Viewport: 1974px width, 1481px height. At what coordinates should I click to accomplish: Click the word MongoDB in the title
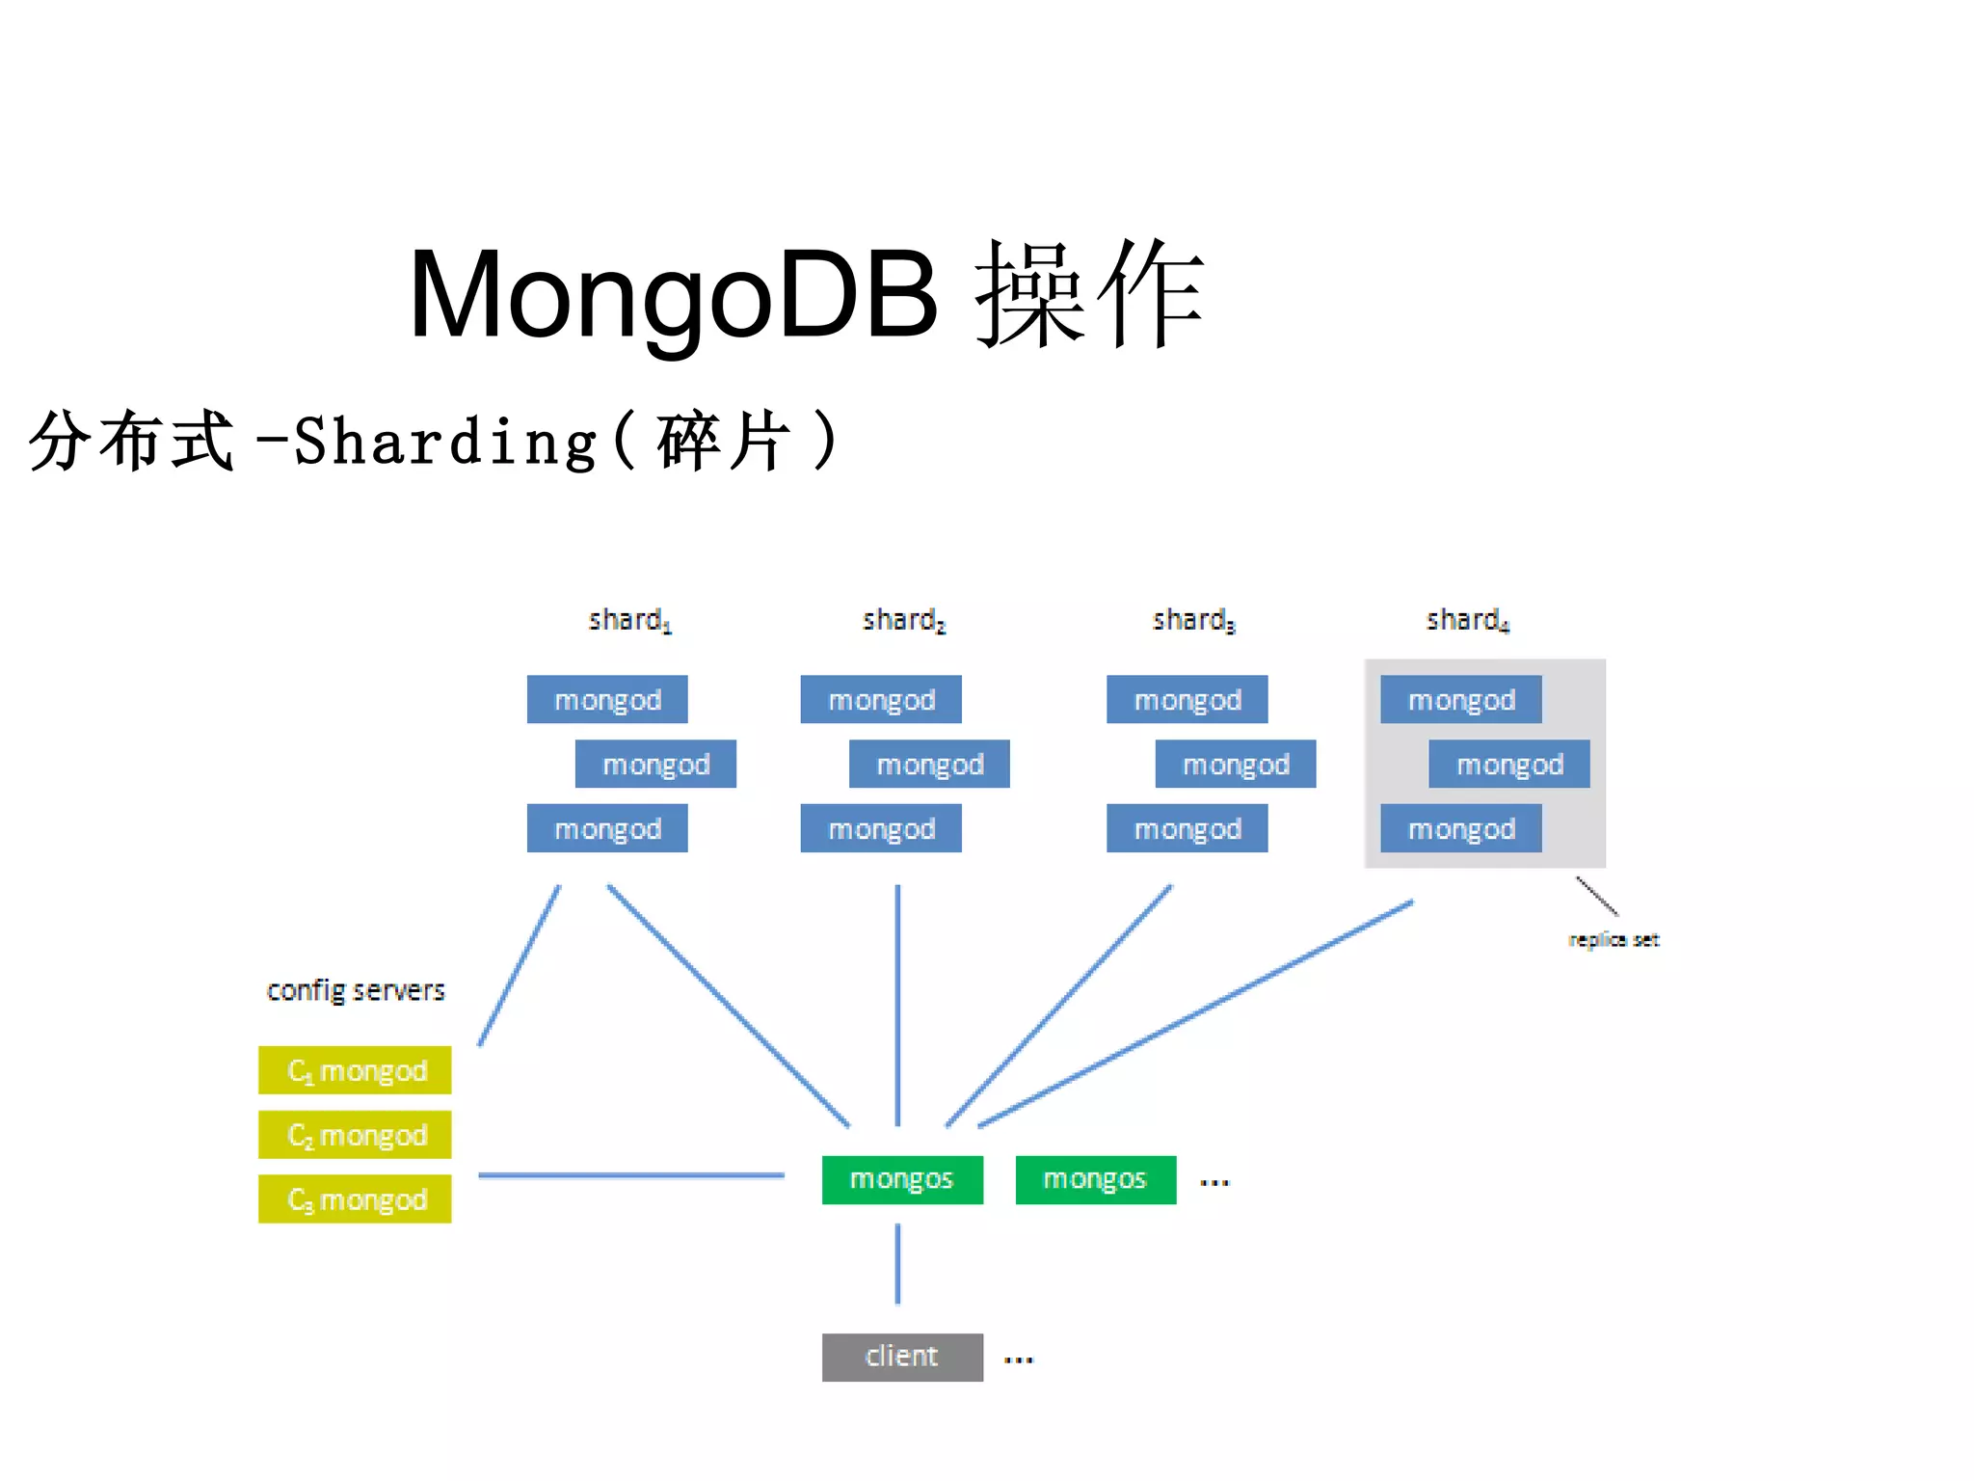tap(672, 295)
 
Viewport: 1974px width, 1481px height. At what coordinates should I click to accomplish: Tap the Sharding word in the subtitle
tap(445, 442)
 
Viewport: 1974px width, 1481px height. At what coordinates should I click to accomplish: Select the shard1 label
tap(629, 620)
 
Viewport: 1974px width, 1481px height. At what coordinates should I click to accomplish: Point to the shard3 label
tap(1192, 620)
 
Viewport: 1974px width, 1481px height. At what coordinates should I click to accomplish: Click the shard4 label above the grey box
tap(1466, 620)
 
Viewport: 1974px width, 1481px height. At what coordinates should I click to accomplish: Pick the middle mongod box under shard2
tap(929, 764)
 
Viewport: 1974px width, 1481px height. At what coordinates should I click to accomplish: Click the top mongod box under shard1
tap(607, 699)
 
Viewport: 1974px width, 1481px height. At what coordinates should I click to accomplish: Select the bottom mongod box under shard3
tap(1187, 828)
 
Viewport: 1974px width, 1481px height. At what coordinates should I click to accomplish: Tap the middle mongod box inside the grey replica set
tap(1508, 764)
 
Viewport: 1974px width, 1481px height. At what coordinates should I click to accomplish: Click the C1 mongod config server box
tap(355, 1070)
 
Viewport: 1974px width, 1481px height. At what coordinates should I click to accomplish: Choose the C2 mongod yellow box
tap(355, 1135)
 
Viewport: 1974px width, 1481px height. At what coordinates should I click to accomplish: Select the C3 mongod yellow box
tap(355, 1198)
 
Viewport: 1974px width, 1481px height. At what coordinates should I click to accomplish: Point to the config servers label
tap(356, 990)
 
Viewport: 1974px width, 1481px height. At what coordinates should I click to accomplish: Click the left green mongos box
tap(902, 1179)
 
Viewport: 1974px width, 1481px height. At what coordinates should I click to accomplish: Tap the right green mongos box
tap(1096, 1179)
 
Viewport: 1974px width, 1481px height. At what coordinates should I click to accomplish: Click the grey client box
tap(902, 1357)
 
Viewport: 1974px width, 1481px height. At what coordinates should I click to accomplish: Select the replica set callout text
tap(1614, 939)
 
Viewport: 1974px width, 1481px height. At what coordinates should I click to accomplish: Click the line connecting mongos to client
tap(897, 1264)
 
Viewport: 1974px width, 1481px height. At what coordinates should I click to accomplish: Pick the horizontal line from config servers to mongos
tap(631, 1175)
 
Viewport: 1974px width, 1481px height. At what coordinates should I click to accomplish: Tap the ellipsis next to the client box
tap(1019, 1360)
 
